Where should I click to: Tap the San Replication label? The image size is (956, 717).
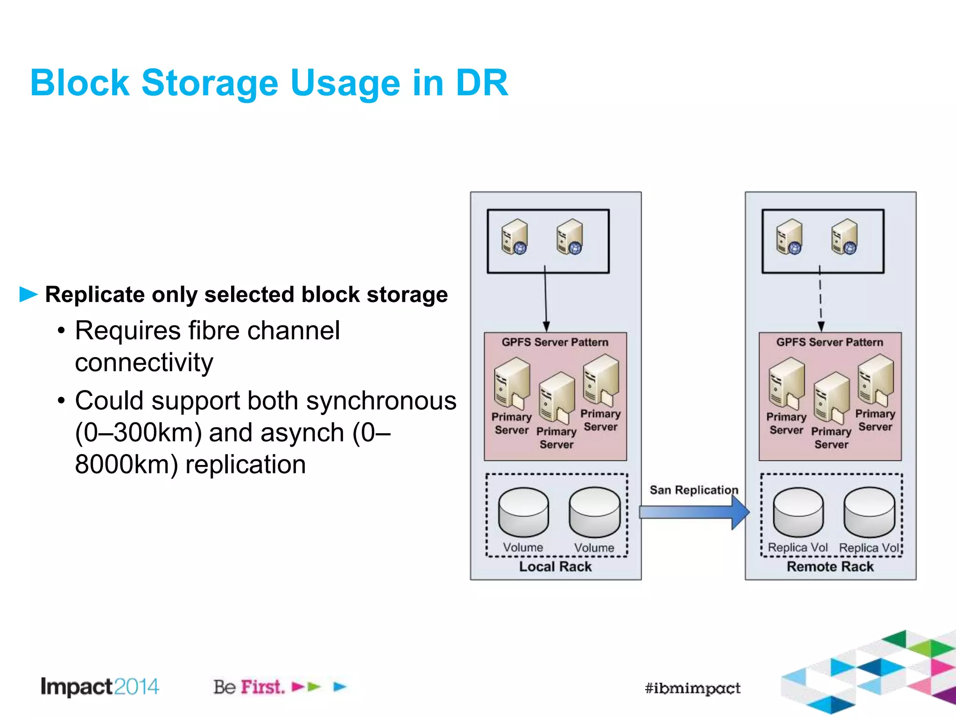(x=694, y=490)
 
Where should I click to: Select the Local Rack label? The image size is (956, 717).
(x=555, y=567)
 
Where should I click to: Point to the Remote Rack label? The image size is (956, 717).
(x=830, y=567)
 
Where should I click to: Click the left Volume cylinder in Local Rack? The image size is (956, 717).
(x=523, y=513)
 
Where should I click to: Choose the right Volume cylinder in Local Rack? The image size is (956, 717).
(x=594, y=513)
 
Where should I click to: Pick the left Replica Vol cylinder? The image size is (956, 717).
(x=798, y=513)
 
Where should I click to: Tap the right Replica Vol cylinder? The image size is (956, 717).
(x=869, y=513)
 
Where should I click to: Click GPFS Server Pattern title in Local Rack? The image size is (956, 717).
(x=555, y=342)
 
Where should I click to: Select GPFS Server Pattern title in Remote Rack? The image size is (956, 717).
(x=829, y=342)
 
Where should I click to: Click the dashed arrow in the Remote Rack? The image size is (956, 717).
(x=820, y=299)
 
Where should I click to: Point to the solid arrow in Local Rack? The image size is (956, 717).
(x=545, y=299)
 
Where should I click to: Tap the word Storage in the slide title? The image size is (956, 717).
(x=210, y=83)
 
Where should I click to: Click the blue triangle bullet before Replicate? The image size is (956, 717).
(x=28, y=295)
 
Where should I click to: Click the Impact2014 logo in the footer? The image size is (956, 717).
(x=100, y=687)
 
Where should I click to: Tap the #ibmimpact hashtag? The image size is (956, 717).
(x=692, y=688)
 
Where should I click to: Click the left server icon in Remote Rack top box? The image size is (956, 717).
(x=789, y=237)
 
